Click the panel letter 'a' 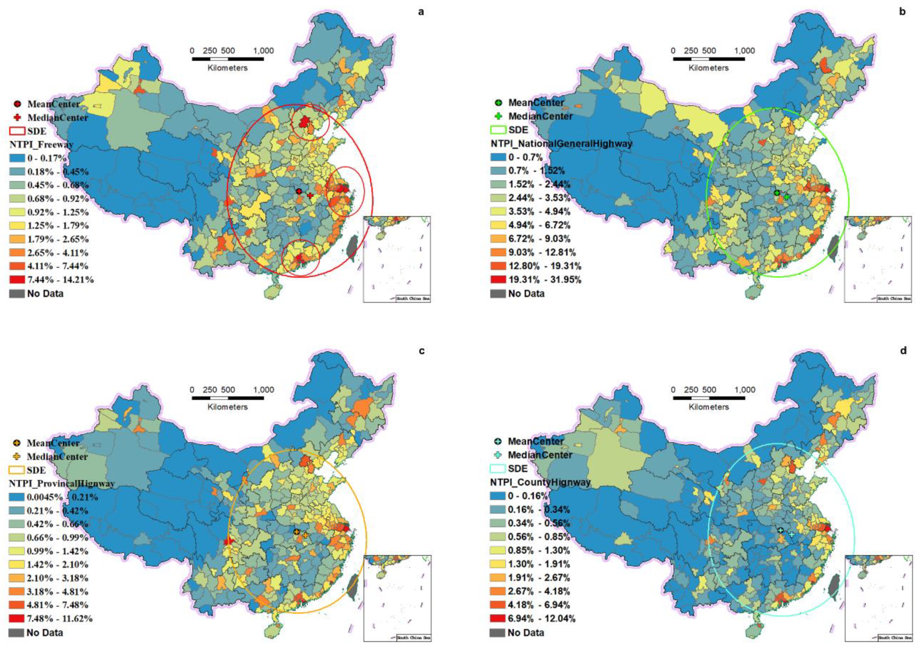420,12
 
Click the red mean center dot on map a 299,191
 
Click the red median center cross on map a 310,195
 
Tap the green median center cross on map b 787,197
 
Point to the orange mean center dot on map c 296,532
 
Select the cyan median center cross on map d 791,534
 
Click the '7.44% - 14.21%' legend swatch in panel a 17,280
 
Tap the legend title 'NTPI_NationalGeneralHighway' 561,143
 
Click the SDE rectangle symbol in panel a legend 17,131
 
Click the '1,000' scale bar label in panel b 744,51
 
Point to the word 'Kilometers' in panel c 227,407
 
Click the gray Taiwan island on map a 352,247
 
